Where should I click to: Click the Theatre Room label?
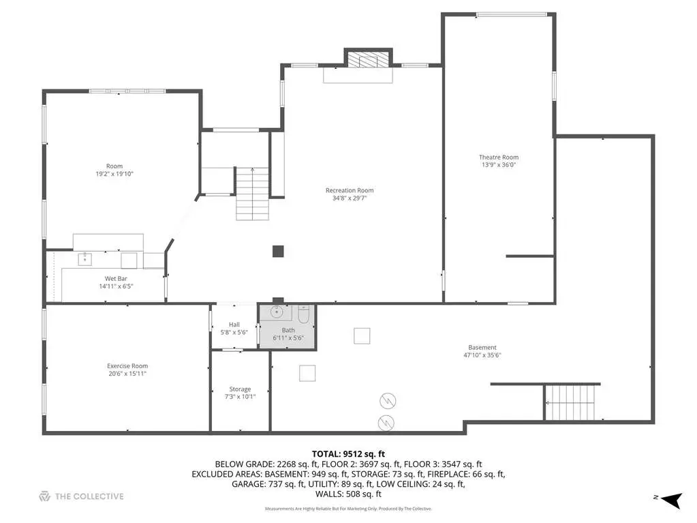(x=498, y=157)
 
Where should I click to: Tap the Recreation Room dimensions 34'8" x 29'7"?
(x=350, y=198)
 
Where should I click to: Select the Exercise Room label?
(x=127, y=366)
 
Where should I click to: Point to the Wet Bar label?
(x=116, y=279)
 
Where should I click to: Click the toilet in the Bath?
(x=304, y=314)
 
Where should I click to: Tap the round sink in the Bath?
(x=277, y=312)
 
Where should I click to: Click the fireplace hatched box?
(x=368, y=60)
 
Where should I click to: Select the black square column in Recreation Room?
(x=278, y=251)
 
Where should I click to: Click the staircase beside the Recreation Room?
(x=252, y=194)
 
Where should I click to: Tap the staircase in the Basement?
(x=570, y=402)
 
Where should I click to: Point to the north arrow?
(x=671, y=500)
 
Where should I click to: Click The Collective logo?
(x=81, y=496)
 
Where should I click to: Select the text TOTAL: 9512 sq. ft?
(x=348, y=454)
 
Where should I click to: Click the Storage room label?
(x=240, y=389)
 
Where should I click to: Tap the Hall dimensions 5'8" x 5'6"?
(x=234, y=332)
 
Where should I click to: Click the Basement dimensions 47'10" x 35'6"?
(x=482, y=355)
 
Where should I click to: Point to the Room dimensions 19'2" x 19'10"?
(x=114, y=174)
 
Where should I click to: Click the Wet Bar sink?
(x=85, y=259)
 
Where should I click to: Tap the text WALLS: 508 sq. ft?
(x=349, y=494)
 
